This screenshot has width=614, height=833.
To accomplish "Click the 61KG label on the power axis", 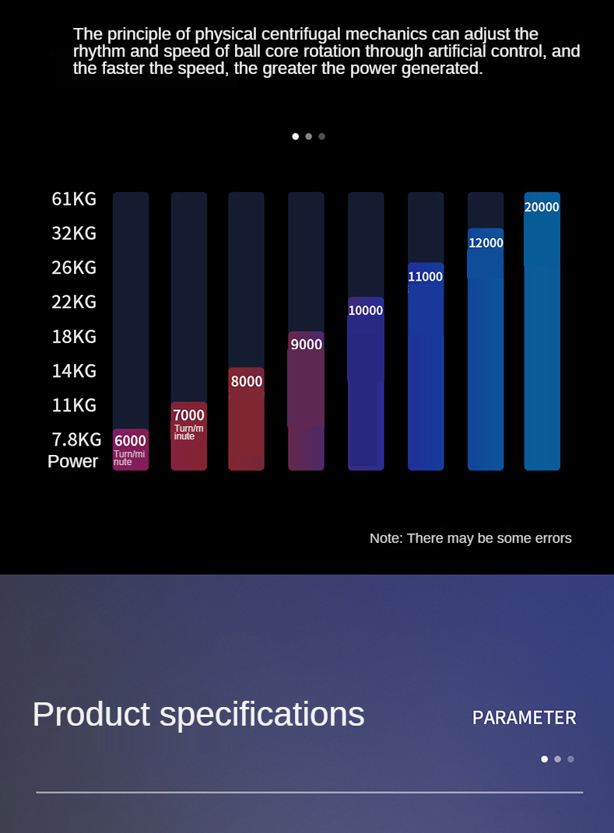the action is [74, 198].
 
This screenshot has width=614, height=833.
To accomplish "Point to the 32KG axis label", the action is [74, 233].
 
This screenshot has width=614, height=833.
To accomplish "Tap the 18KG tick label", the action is [74, 336].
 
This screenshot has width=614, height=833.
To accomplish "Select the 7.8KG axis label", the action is [76, 439].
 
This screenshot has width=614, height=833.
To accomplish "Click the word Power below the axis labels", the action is [73, 461].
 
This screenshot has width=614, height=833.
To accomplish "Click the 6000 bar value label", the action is [130, 440].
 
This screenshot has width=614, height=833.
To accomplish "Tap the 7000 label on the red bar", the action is [189, 415].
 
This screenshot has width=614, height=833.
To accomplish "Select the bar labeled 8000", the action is [246, 418].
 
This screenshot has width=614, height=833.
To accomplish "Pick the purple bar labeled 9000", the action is [306, 401].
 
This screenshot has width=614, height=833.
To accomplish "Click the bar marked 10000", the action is [366, 383].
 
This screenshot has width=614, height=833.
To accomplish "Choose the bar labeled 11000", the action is [426, 366].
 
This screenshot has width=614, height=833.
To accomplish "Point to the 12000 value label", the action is [486, 243].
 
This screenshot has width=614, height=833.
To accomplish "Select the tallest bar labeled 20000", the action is [542, 331].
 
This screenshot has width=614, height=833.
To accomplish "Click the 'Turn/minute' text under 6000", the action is [129, 458].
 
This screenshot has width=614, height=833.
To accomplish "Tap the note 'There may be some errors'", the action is [489, 538].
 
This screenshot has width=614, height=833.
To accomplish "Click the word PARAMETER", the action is [525, 718].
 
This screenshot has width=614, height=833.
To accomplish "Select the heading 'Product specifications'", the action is [198, 714].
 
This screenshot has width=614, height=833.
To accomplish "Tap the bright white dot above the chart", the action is [296, 137].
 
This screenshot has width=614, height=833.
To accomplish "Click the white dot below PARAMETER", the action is [545, 759].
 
